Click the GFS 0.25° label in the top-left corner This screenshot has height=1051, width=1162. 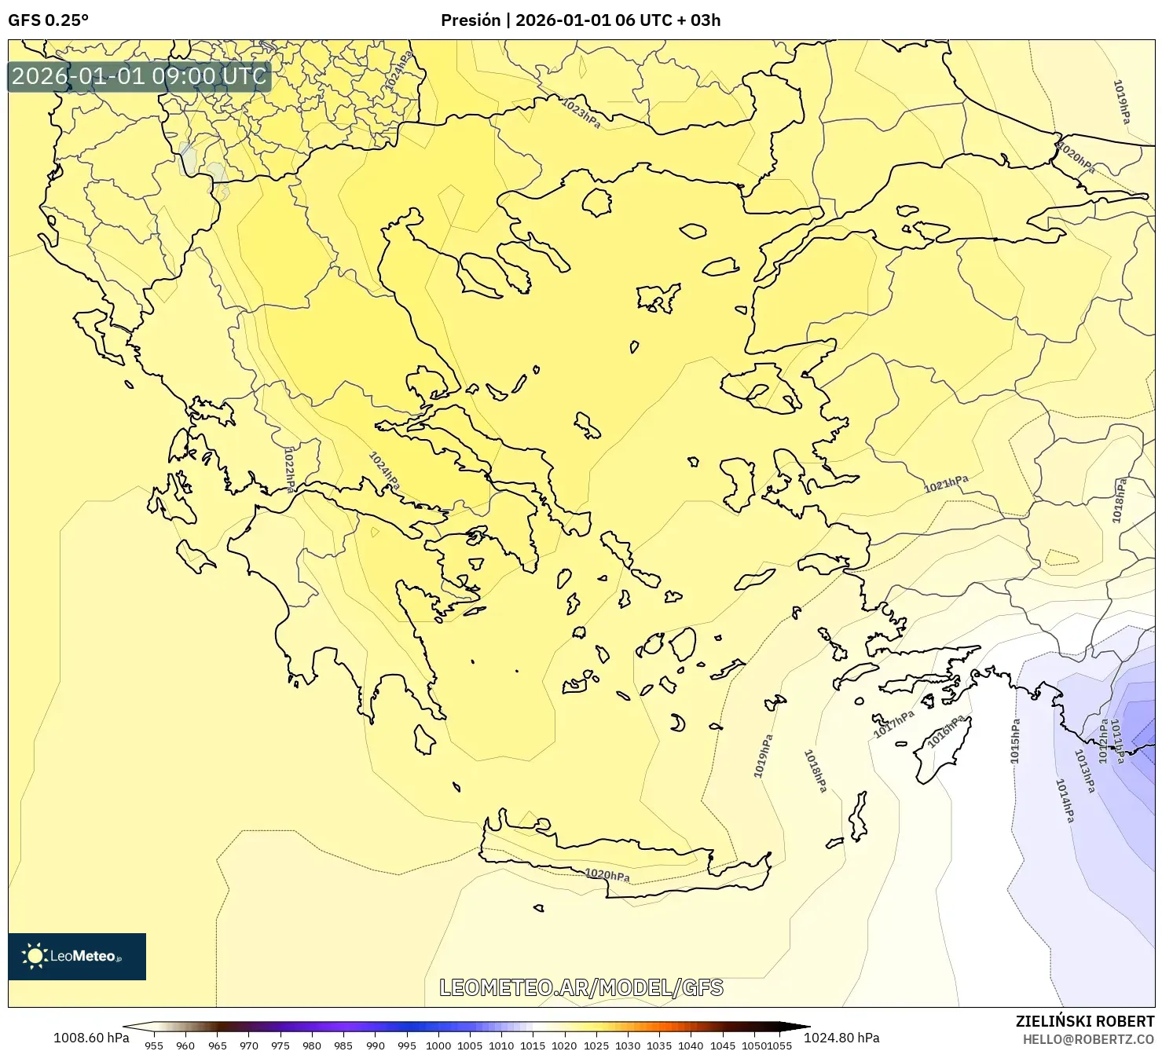point(48,20)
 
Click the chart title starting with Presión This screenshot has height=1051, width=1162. point(580,20)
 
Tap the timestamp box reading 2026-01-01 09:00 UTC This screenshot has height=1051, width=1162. point(139,76)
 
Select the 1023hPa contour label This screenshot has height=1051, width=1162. point(581,112)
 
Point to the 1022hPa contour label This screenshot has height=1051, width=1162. point(289,469)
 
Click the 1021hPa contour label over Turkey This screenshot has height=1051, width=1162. point(946,484)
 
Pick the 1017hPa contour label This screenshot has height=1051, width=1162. point(894,723)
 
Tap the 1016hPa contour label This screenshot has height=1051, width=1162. point(946,731)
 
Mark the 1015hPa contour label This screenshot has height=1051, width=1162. point(1015,741)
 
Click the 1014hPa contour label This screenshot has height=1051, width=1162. point(1065,800)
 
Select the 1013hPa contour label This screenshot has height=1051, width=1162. point(1084,771)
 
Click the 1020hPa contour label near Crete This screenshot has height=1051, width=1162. point(607,874)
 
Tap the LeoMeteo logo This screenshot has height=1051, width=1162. point(77,956)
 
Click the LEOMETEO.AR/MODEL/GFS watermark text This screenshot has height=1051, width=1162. point(581,987)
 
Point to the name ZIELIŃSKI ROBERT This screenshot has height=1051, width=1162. point(1085,1022)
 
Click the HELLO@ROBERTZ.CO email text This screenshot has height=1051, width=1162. point(1088,1039)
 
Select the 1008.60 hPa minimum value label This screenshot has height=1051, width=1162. point(91,1038)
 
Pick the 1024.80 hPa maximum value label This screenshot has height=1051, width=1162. point(841,1038)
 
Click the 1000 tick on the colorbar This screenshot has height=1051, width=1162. point(438,1045)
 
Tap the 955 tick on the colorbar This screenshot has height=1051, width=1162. point(154,1045)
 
